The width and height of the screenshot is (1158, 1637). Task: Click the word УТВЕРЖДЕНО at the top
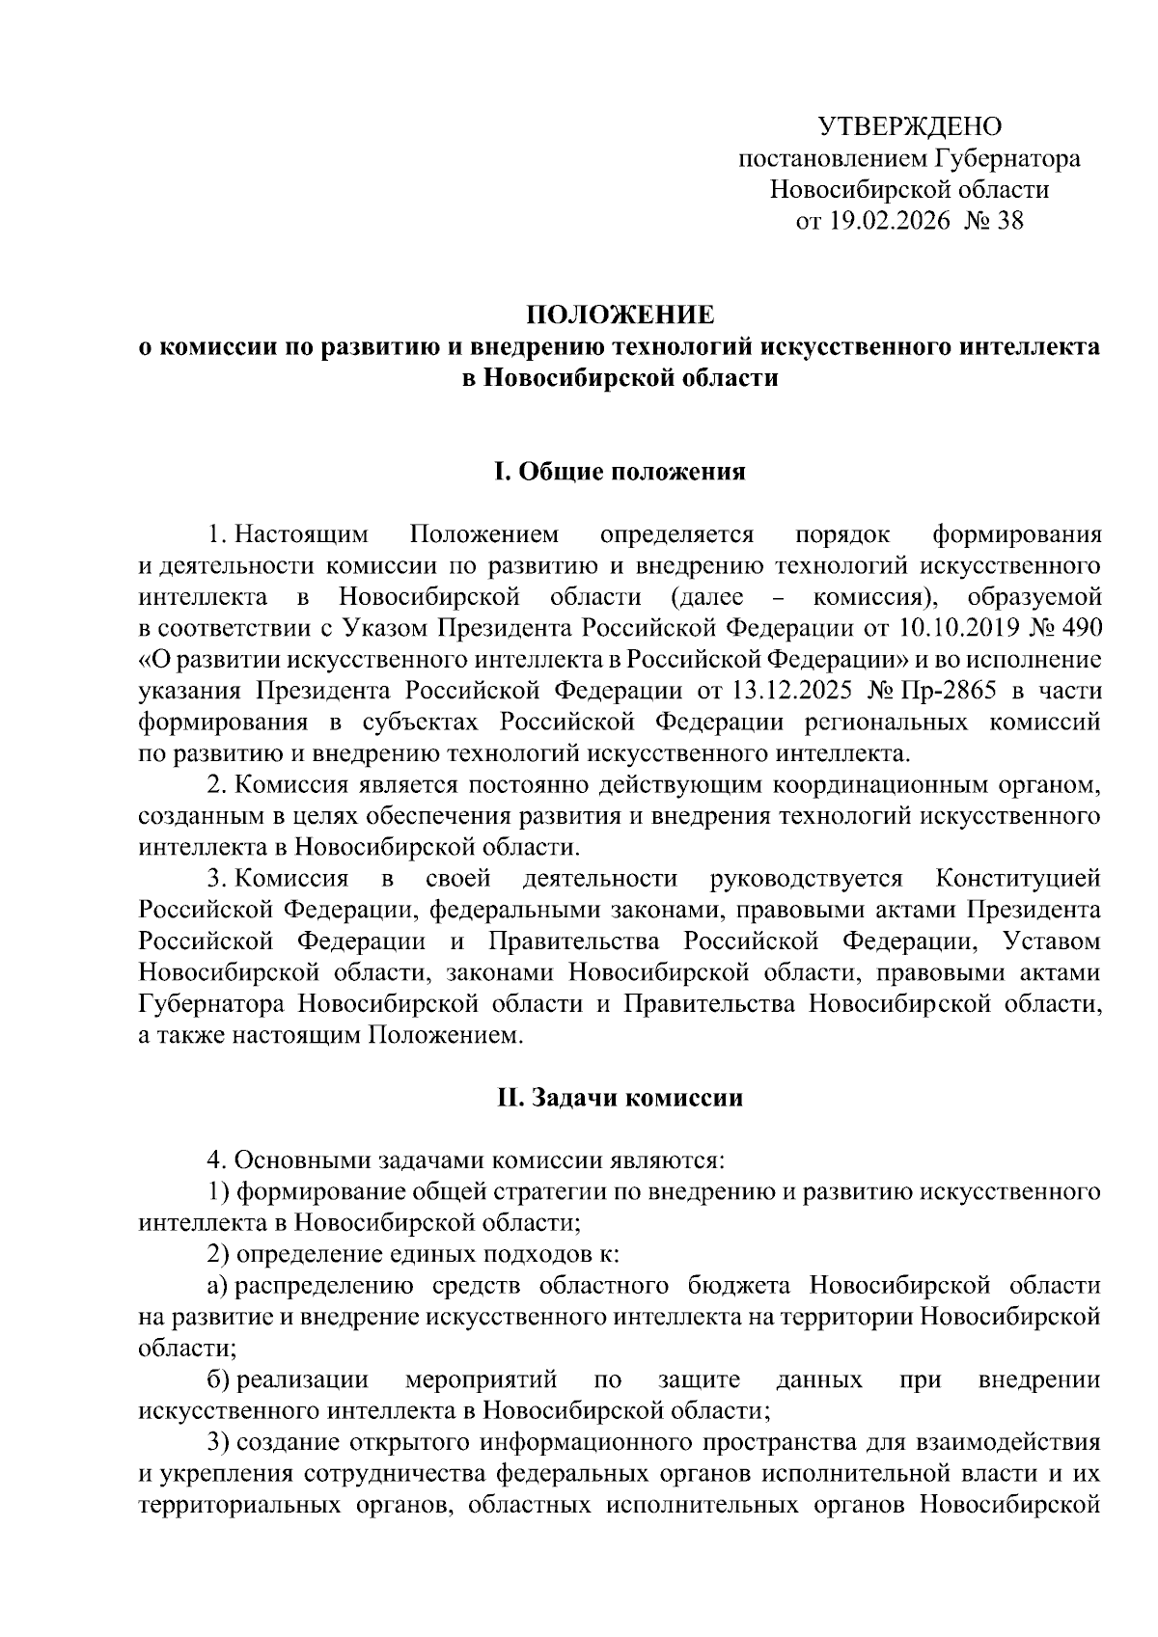pyautogui.click(x=910, y=126)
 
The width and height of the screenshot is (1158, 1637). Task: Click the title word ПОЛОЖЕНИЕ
pyautogui.click(x=620, y=315)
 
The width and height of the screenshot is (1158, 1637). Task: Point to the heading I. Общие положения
pyautogui.click(x=620, y=472)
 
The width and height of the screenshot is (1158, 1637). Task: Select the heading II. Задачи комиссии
pyautogui.click(x=620, y=1098)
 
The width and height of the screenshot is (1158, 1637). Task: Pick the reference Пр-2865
pyautogui.click(x=950, y=691)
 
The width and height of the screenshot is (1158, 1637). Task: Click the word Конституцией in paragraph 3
pyautogui.click(x=1018, y=879)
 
